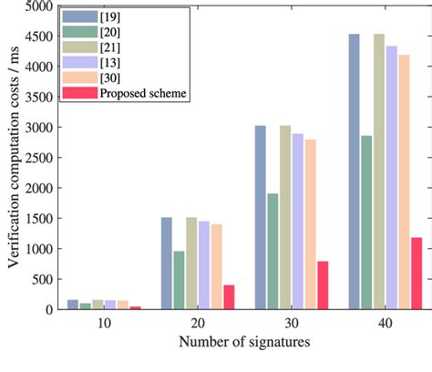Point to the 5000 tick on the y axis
[40, 6]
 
